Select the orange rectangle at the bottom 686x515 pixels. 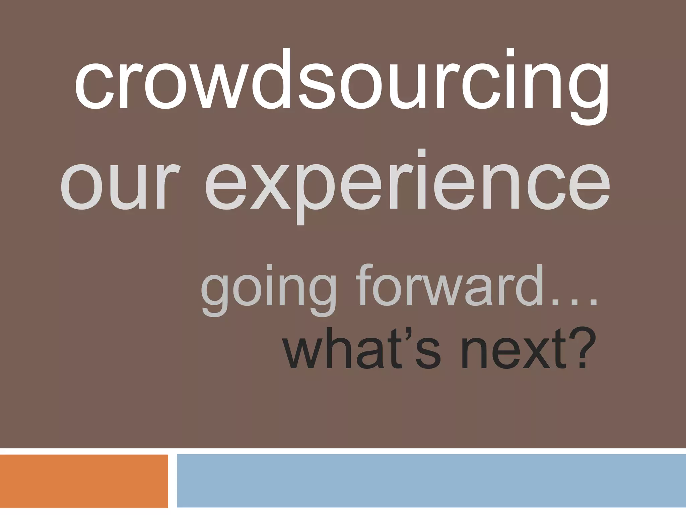click(84, 481)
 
